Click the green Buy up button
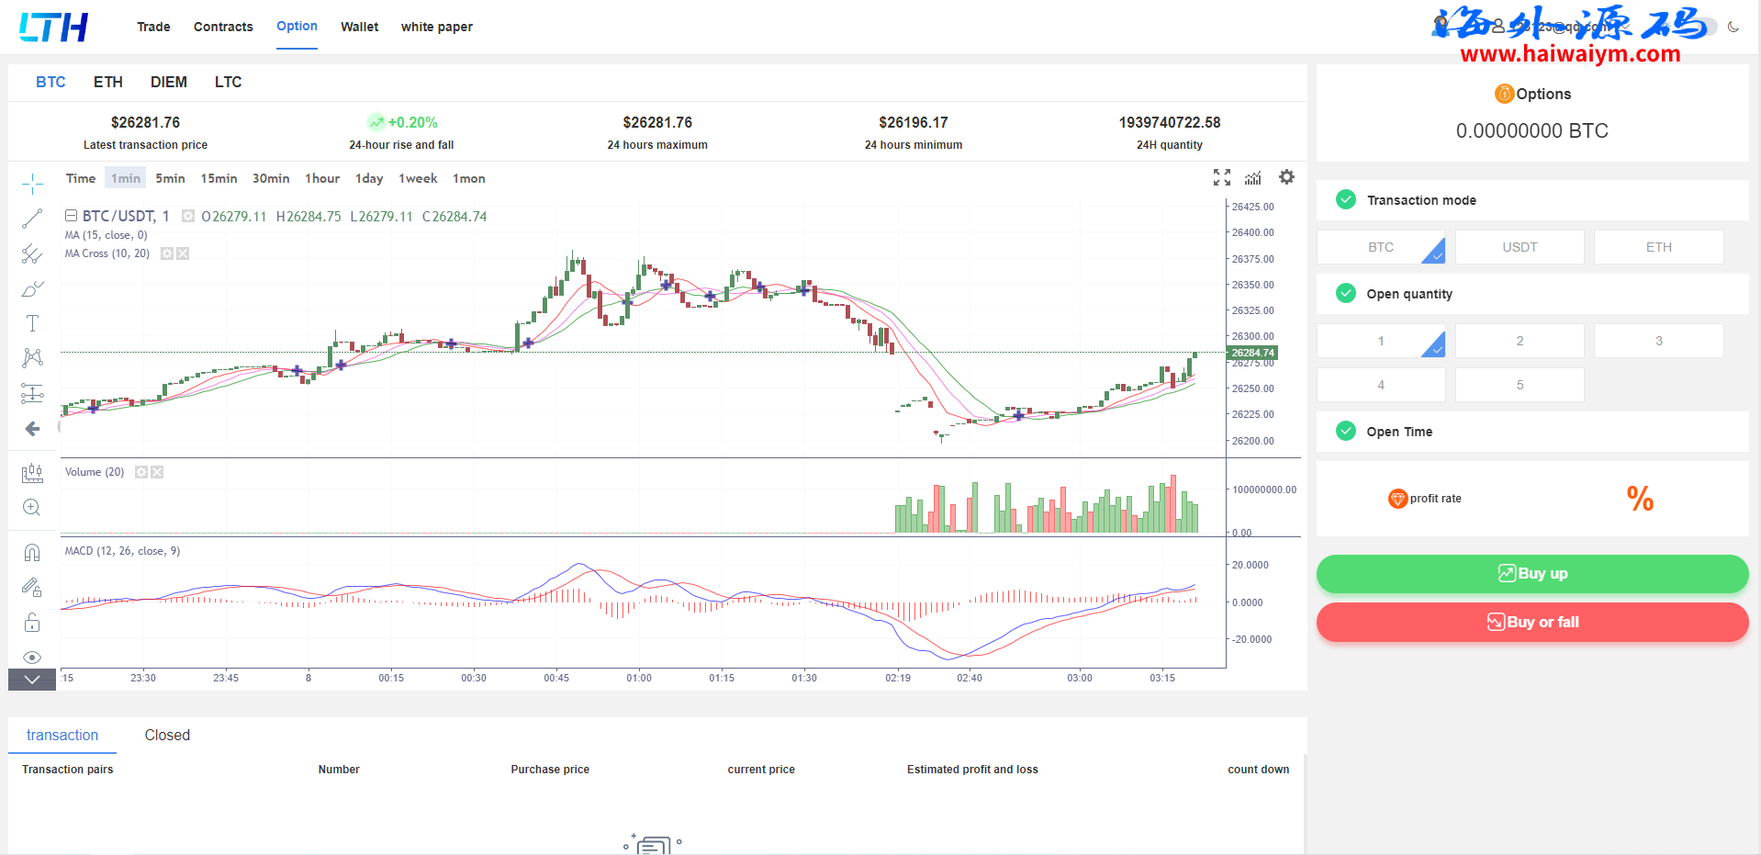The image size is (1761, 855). point(1531,574)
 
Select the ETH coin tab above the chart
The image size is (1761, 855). point(108,82)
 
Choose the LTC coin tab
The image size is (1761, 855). point(228,82)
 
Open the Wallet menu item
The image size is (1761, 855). point(359,27)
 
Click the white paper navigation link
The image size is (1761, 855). point(436,27)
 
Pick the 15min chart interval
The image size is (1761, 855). point(219,178)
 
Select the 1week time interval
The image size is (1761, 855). point(418,178)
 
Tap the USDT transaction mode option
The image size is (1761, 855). point(1520,247)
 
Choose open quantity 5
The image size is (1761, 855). point(1520,385)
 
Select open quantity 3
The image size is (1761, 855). point(1658,341)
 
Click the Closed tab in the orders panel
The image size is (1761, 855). point(167,735)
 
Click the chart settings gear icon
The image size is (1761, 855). point(1286,177)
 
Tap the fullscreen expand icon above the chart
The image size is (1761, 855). point(1221,177)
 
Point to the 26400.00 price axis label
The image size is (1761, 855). point(1252,232)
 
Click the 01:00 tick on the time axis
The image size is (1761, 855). point(639,678)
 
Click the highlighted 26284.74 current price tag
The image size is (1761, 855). point(1252,353)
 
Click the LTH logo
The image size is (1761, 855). point(53,28)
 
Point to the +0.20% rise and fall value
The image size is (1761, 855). point(412,122)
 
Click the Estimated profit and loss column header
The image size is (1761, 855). point(972,770)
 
